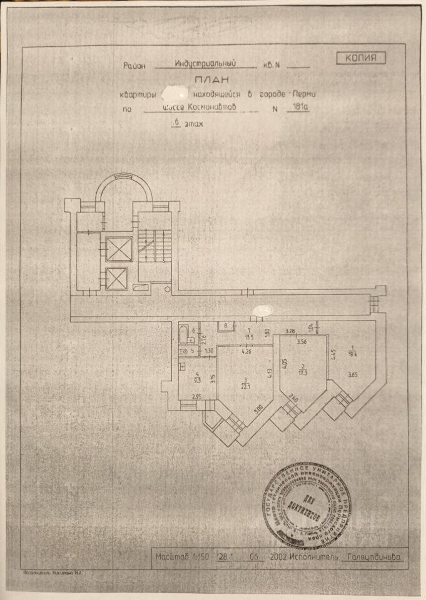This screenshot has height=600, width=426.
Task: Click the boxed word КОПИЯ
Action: tap(362, 58)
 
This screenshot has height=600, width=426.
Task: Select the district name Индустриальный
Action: tap(205, 63)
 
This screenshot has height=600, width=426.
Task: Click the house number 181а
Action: tap(300, 107)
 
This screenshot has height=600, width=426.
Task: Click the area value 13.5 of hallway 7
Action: tap(248, 336)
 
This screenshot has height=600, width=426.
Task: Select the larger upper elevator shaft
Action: tap(117, 249)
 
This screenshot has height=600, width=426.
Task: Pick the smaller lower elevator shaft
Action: tap(116, 278)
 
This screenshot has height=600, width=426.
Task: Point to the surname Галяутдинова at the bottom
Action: tap(375, 556)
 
